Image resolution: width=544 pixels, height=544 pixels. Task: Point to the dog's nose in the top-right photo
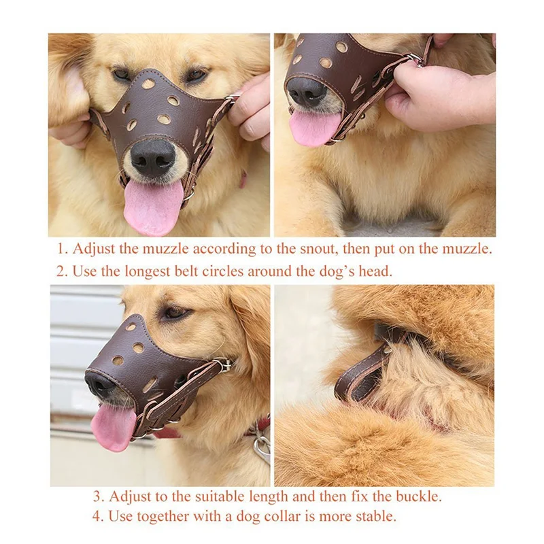pos(307,92)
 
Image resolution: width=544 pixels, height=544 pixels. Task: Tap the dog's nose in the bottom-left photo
pos(99,384)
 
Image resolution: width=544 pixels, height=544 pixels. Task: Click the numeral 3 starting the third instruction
pos(98,497)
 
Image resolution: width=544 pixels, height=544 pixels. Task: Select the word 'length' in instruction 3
pos(266,498)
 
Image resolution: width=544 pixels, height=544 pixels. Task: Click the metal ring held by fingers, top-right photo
pos(415,60)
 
